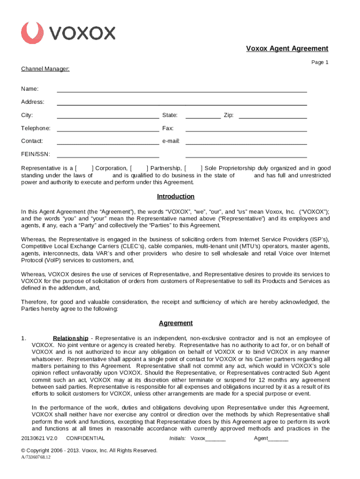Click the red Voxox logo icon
pyautogui.click(x=32, y=33)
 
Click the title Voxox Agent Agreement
pyautogui.click(x=287, y=49)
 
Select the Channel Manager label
pyautogui.click(x=45, y=69)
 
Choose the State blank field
pyautogui.click(x=203, y=116)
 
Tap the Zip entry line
pyautogui.click(x=273, y=116)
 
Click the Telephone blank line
pyautogui.click(x=108, y=129)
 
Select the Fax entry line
pyautogui.click(x=246, y=129)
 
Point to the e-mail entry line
pyautogui.click(x=246, y=142)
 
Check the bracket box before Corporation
pyautogui.click(x=84, y=168)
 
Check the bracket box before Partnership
pyautogui.click(x=138, y=168)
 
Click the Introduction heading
pyautogui.click(x=175, y=196)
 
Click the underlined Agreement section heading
pyautogui.click(x=175, y=323)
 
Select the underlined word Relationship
pyautogui.click(x=70, y=338)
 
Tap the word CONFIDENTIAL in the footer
pyautogui.click(x=86, y=438)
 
